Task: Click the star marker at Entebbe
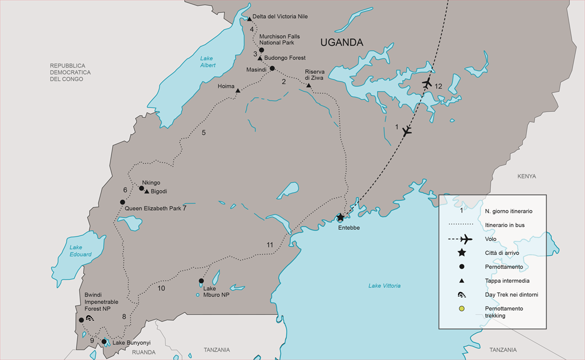[340, 217]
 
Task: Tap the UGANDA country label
[341, 42]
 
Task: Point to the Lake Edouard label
[80, 251]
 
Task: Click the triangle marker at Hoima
[238, 90]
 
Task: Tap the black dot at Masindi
[272, 68]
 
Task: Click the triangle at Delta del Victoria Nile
[249, 19]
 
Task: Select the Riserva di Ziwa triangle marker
[308, 85]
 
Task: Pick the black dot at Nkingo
[141, 188]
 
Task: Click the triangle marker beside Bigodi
[146, 191]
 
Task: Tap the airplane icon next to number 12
[426, 83]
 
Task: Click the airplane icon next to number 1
[407, 131]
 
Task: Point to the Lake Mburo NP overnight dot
[201, 281]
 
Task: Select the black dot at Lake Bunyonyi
[104, 342]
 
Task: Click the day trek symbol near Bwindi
[90, 318]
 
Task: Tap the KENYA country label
[526, 176]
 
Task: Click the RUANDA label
[143, 351]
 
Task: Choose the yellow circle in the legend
[461, 308]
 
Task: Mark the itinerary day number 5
[203, 132]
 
